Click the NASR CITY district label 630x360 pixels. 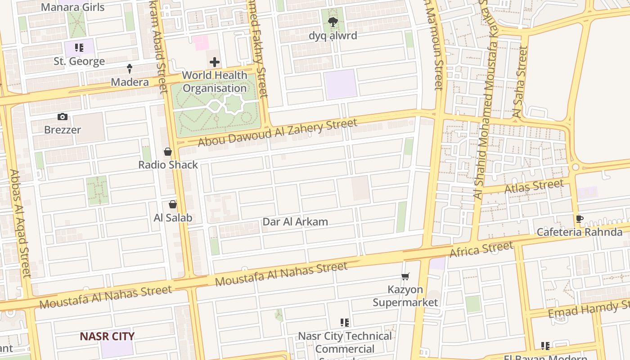[x=107, y=336]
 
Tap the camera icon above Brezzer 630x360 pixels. [x=63, y=117]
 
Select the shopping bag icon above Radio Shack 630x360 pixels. [x=168, y=152]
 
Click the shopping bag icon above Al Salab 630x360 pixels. [x=173, y=205]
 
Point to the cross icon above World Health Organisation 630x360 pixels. [x=215, y=62]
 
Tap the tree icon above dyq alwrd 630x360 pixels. [x=333, y=22]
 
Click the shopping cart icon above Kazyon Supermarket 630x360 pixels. [x=405, y=276]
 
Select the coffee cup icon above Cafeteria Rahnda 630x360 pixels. [x=580, y=219]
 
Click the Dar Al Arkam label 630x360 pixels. [x=295, y=222]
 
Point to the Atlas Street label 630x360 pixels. [x=534, y=186]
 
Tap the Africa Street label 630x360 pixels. [x=481, y=249]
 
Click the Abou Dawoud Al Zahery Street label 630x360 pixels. [x=278, y=132]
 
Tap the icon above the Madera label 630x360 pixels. [x=130, y=69]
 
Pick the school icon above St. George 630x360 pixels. [x=79, y=48]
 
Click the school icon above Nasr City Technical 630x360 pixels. [x=345, y=323]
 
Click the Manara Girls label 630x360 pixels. [x=72, y=7]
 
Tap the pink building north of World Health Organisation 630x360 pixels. [x=201, y=43]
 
